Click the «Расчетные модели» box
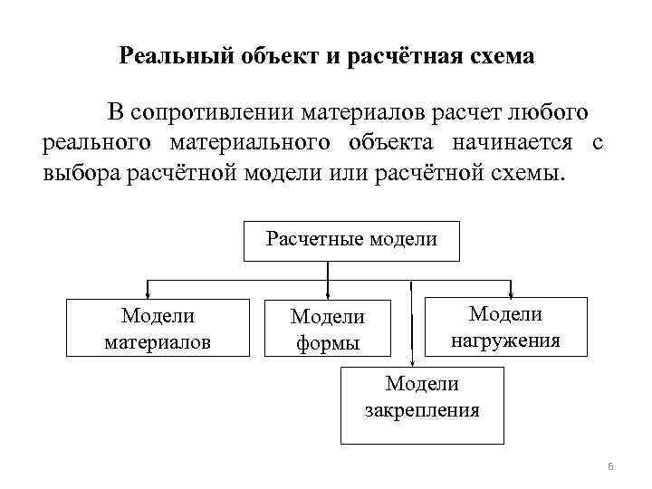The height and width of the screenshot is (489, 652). click(351, 240)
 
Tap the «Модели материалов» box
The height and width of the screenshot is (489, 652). click(158, 328)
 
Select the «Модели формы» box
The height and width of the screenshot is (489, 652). click(327, 329)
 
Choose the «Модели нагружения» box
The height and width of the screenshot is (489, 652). click(504, 326)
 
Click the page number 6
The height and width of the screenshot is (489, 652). click(609, 466)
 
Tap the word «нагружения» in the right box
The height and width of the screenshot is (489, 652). click(504, 340)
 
